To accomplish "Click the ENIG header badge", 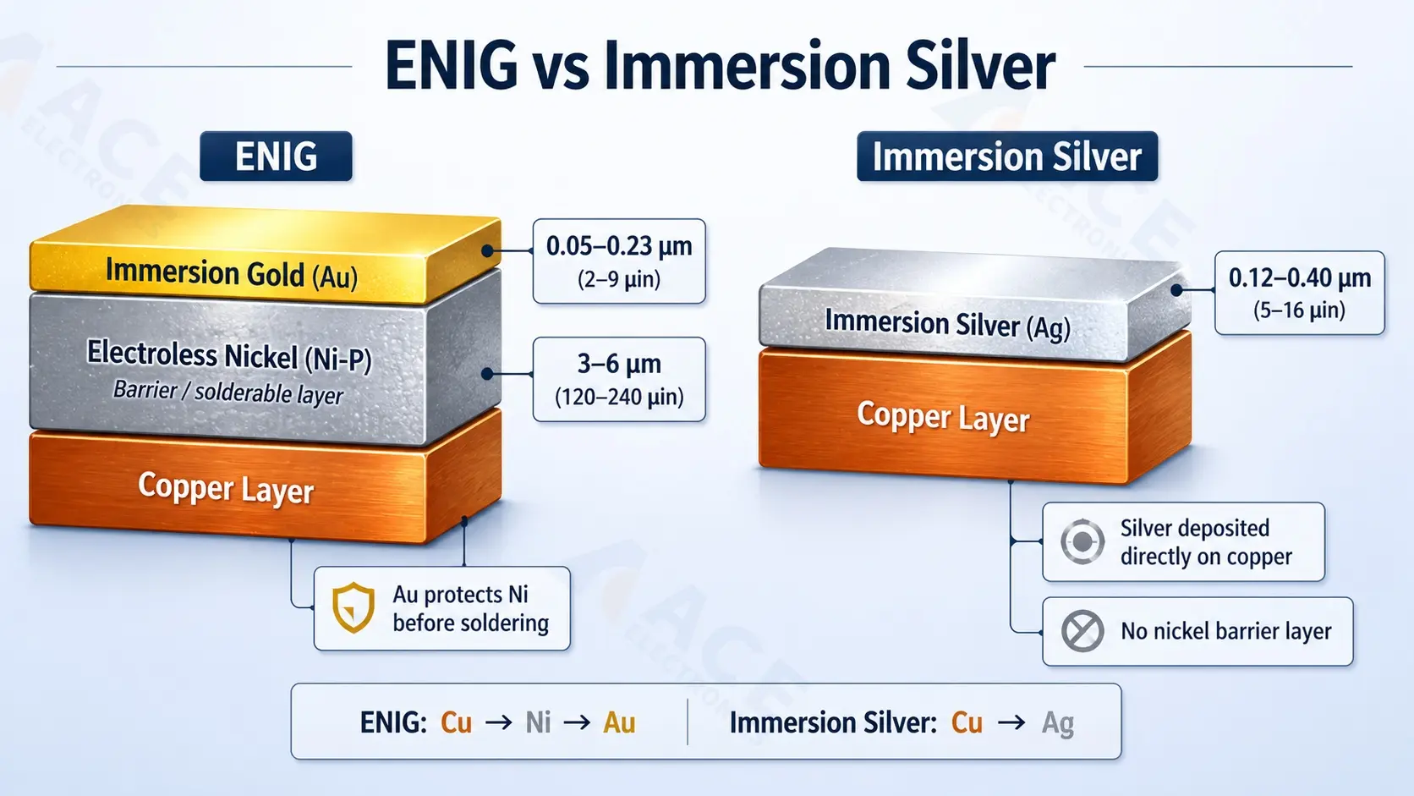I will (x=276, y=156).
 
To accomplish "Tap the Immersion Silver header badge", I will (x=1006, y=156).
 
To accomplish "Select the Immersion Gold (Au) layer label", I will (x=231, y=274).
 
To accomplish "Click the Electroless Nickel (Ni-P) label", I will (x=229, y=355).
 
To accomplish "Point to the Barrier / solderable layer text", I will (x=228, y=392).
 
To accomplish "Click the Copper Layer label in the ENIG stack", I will (x=226, y=489).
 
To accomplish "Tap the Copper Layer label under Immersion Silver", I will (x=943, y=417).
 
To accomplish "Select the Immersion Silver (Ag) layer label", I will (x=947, y=324).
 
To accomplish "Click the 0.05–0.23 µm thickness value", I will (x=619, y=246).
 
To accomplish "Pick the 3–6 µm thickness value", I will (x=619, y=364).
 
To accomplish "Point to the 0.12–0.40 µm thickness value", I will (x=1300, y=277).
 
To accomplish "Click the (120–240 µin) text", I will (x=619, y=397).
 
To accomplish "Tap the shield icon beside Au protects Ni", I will (x=353, y=607).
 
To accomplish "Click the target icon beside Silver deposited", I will (x=1082, y=541).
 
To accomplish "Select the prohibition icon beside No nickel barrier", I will (x=1082, y=631).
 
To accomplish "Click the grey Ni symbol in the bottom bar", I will (x=538, y=722).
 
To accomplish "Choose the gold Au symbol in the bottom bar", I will (x=619, y=722).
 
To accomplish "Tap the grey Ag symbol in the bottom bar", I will (x=1058, y=722).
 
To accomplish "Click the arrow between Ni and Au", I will (x=577, y=722).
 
